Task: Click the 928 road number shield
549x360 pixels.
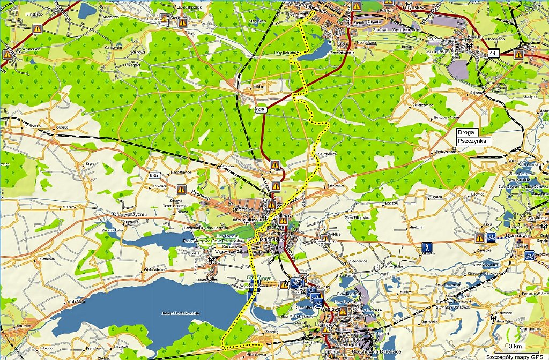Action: pos(260,109)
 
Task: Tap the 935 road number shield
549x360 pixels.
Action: pos(154,175)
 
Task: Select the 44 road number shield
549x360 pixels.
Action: pos(493,52)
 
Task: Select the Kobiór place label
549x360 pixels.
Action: pos(259,86)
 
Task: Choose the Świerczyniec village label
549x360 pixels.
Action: pos(422,105)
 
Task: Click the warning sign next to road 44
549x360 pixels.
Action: pos(518,54)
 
